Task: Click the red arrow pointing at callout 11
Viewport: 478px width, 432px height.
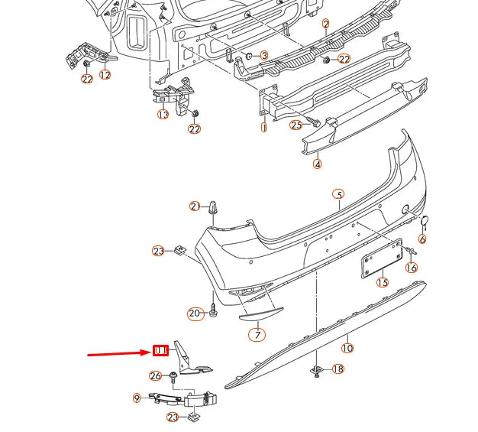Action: (118, 353)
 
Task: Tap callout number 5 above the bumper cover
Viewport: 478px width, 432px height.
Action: (339, 194)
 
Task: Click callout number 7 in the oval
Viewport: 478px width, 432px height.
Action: (257, 333)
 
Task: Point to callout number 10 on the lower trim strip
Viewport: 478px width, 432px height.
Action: (347, 348)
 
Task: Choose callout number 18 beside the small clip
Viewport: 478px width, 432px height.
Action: (338, 369)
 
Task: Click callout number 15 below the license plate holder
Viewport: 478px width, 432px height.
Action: (382, 282)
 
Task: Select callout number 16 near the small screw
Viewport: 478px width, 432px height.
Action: (412, 267)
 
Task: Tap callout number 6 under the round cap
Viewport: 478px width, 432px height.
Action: (422, 239)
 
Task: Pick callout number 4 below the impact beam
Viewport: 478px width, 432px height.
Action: (317, 163)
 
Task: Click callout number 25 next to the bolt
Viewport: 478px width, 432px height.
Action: (296, 124)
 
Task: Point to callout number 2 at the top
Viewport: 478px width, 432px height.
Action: (325, 24)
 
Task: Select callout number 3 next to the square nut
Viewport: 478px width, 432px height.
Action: (263, 55)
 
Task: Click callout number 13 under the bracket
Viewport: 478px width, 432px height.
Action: (163, 114)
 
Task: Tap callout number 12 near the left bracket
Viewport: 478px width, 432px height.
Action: (105, 75)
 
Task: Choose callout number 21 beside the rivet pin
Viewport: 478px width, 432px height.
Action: (195, 206)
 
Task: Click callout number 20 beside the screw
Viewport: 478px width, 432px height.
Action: (195, 313)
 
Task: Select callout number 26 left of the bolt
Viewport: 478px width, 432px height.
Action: (156, 375)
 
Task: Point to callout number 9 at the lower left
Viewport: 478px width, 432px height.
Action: (137, 397)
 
